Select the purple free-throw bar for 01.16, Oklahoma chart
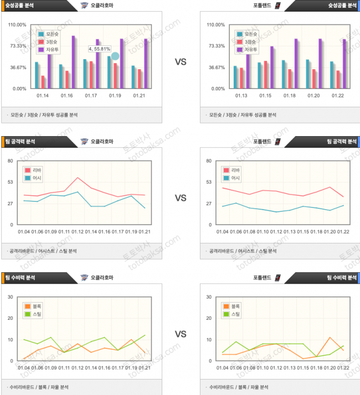click(x=73, y=61)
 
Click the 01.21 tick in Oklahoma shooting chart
click(x=139, y=96)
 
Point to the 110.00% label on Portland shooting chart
click(x=215, y=25)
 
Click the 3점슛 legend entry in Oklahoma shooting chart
click(x=53, y=42)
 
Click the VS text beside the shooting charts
click(x=181, y=62)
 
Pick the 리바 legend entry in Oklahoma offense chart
click(x=37, y=170)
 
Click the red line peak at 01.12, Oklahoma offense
click(x=78, y=178)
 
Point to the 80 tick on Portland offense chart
click(x=209, y=161)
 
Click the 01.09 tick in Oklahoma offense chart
click(x=50, y=232)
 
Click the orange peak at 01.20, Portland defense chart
click(x=330, y=337)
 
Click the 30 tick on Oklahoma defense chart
click(x=10, y=297)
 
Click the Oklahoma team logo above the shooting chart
click(x=84, y=6)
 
